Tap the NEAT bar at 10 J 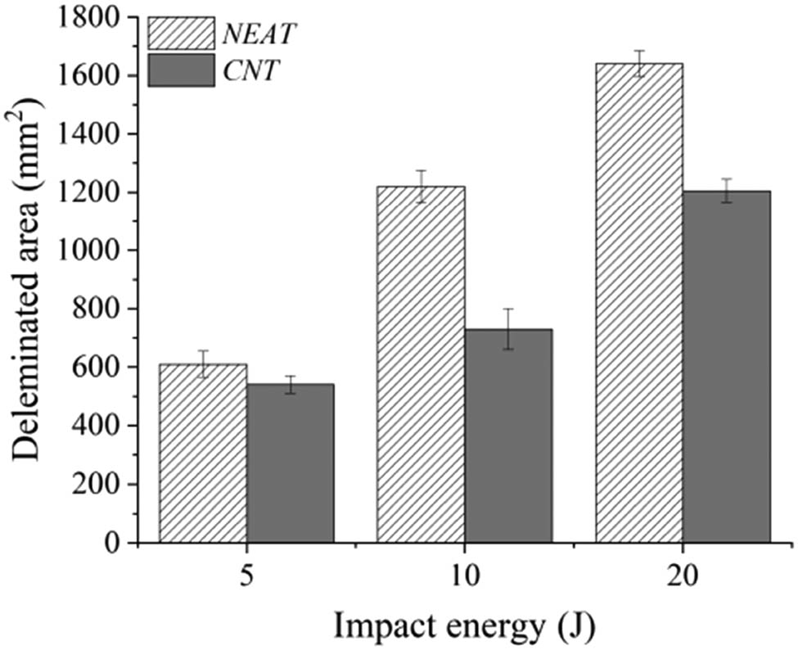421,364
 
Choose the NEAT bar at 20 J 639,303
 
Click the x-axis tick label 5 246,574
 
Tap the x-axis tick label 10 464,574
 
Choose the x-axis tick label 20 683,574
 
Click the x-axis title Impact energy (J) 463,626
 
